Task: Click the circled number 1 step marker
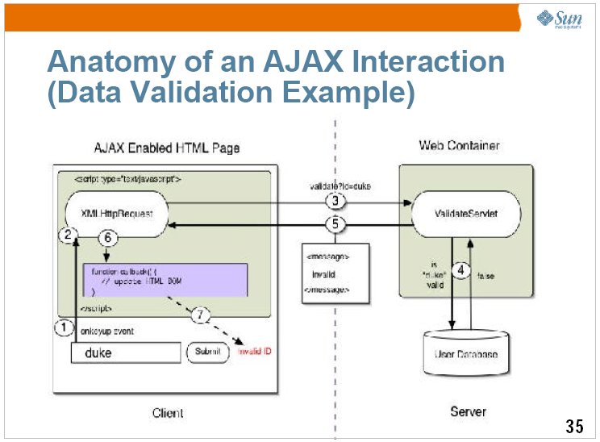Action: click(x=63, y=327)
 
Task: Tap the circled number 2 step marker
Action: click(x=69, y=235)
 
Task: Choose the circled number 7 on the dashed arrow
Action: click(x=200, y=315)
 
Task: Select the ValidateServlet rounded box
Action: click(x=465, y=214)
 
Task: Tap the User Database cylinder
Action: click(x=466, y=352)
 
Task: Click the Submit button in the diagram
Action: click(x=207, y=352)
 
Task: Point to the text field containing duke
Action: click(x=125, y=353)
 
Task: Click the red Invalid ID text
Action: click(x=257, y=352)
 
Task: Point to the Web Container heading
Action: click(x=459, y=145)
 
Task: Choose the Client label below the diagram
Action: click(x=168, y=413)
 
